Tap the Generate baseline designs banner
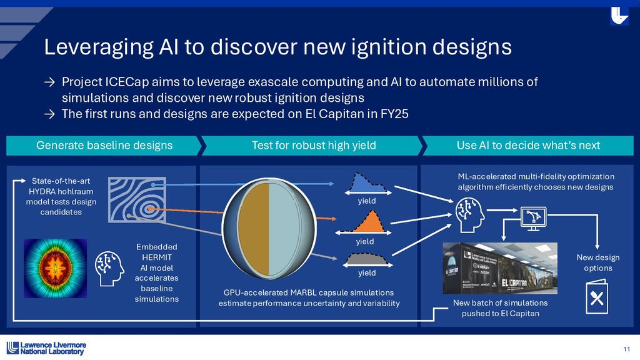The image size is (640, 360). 104,146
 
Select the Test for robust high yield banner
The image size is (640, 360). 313,146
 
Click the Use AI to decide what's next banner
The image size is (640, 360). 528,146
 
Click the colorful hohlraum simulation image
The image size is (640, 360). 55,268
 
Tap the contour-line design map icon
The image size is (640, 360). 136,199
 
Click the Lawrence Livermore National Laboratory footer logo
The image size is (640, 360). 46,348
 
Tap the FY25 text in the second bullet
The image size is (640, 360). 388,114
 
